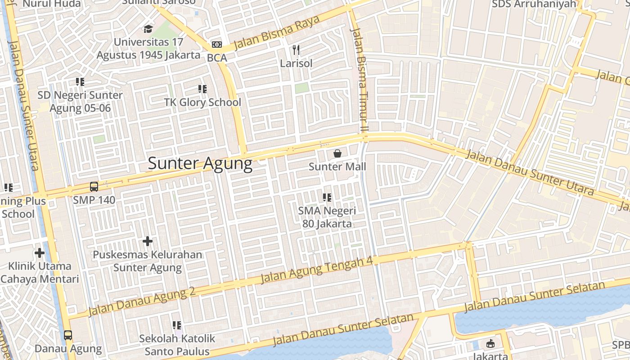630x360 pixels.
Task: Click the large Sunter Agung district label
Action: [200, 163]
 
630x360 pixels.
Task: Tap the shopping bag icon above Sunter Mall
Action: [337, 154]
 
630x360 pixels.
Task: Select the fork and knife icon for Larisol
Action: [296, 49]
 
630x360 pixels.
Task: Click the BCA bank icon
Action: [217, 45]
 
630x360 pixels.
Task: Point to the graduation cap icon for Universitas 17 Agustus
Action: [148, 29]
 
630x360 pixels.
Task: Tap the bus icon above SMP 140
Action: [94, 187]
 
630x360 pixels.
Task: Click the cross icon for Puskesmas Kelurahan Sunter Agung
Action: [148, 241]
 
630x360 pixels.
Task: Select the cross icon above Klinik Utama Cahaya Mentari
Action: [40, 253]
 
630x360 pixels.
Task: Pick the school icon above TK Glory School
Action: [202, 89]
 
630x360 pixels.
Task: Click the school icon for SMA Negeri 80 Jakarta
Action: [327, 197]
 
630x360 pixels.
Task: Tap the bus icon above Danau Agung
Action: [68, 335]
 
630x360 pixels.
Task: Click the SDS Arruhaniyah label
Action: [534, 4]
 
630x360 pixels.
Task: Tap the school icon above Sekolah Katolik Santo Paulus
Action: [177, 325]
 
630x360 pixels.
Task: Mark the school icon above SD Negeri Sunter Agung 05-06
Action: [80, 82]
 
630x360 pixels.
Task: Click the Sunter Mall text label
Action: [337, 167]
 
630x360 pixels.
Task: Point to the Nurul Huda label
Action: [52, 4]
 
